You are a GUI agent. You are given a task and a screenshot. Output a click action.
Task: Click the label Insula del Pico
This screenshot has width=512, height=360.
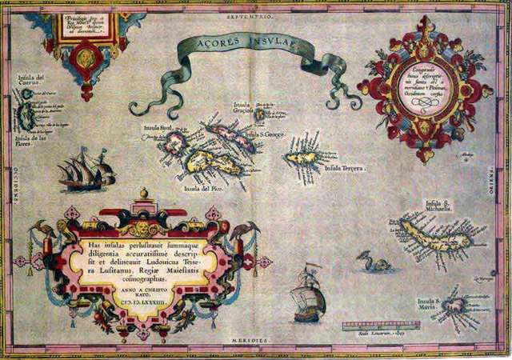pyautogui.click(x=202, y=189)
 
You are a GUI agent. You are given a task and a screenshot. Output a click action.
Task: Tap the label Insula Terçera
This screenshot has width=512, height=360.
pyautogui.click(x=345, y=170)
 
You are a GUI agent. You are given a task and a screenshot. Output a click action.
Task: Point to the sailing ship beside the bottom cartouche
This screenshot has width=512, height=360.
pyautogui.click(x=309, y=297)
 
